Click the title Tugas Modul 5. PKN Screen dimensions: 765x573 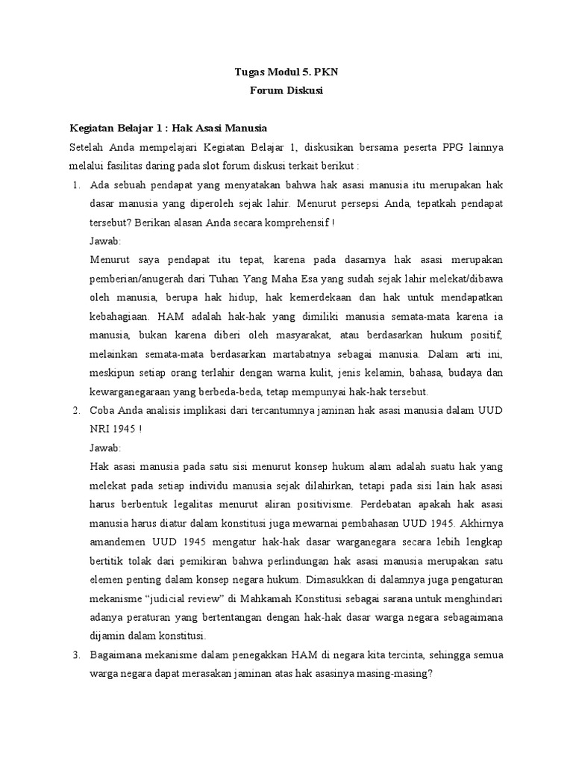[286, 72]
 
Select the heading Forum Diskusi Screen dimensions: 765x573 [286, 92]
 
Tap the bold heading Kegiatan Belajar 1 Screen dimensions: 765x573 [168, 128]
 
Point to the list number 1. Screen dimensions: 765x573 [76, 185]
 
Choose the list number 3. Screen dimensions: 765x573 [76, 655]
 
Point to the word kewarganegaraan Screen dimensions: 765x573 [138, 391]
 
